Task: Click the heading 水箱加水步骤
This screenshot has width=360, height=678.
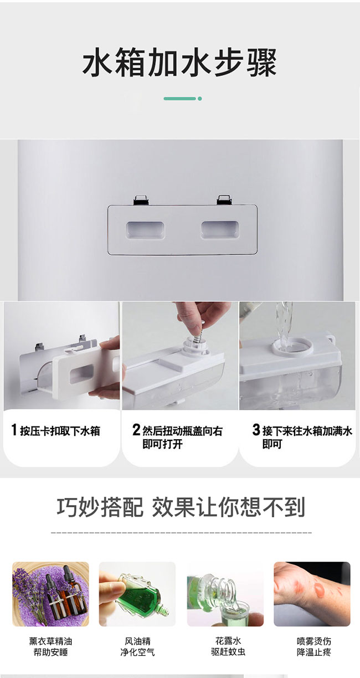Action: pos(179,63)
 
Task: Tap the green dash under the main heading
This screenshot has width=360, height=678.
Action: pos(180,99)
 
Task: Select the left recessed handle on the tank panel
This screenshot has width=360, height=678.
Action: pos(145,230)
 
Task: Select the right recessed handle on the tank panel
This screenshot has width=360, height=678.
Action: pos(220,230)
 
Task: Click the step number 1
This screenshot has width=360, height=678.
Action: pos(14,430)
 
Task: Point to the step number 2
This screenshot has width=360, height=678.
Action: pos(136,430)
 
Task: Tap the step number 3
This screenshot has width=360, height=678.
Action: pos(256,430)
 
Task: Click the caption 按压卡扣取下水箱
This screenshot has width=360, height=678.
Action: pos(60,431)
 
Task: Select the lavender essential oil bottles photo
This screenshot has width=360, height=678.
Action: pos(50,594)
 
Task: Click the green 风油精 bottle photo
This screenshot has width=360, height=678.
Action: pos(137,594)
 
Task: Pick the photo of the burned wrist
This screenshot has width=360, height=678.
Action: pos(312,594)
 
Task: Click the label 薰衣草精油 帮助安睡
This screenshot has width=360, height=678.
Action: pos(50,646)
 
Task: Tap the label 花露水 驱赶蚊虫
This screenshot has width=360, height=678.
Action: pos(228,646)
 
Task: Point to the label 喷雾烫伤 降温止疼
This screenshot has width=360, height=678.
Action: pos(313,646)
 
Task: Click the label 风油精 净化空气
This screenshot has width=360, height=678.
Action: pos(137,646)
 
